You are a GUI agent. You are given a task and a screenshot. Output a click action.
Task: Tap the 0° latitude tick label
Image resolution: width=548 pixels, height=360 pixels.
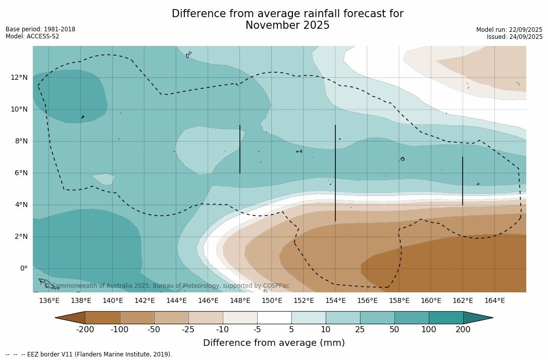24,269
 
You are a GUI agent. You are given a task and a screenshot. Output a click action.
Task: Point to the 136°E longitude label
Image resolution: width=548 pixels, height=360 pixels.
49,301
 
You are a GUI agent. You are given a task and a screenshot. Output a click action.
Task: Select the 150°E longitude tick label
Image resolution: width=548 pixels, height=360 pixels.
272,301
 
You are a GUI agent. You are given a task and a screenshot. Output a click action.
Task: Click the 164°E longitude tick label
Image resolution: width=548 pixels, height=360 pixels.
494,301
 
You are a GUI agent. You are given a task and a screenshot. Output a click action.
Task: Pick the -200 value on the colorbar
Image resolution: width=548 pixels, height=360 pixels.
85,330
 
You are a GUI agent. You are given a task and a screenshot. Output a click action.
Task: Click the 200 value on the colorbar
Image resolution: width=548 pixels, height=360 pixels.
463,330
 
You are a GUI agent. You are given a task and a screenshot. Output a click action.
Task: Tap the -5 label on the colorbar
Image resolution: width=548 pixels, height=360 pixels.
257,330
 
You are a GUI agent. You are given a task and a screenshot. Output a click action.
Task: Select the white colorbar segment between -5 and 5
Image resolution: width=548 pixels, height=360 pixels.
274,318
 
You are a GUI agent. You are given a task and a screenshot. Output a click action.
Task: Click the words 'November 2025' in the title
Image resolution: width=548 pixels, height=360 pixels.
287,26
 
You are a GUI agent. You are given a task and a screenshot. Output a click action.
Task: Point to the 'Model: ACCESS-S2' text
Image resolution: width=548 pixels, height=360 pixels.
32,36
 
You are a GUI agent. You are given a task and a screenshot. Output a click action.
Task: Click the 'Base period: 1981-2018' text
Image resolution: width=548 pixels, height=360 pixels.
40,29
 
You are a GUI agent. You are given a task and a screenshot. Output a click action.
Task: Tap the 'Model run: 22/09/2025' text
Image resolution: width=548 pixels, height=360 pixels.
509,30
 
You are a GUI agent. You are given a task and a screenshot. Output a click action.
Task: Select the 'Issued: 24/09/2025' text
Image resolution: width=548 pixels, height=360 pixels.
515,37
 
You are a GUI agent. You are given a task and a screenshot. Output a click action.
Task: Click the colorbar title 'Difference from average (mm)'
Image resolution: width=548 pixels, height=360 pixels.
274,343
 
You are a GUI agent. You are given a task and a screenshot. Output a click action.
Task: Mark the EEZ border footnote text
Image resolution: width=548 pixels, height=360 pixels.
89,354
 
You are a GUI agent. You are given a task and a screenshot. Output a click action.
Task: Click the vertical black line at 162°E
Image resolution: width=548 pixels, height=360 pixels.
463,181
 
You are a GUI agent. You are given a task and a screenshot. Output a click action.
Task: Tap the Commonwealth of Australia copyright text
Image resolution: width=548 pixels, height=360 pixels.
167,286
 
